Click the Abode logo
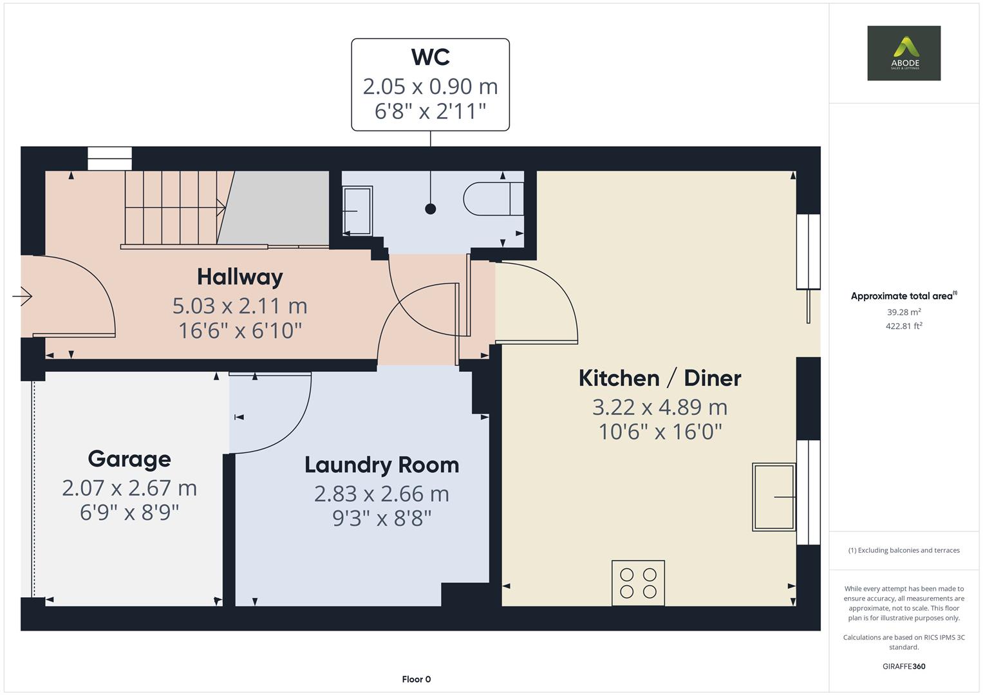pyautogui.click(x=903, y=53)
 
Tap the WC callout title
pyautogui.click(x=430, y=57)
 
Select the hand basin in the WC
pyautogui.click(x=357, y=210)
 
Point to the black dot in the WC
pyautogui.click(x=431, y=208)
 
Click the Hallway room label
pyautogui.click(x=239, y=277)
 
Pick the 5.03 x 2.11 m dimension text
pyautogui.click(x=239, y=306)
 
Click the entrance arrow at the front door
pyautogui.click(x=23, y=296)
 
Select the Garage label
pyautogui.click(x=129, y=459)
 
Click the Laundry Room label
pyautogui.click(x=382, y=465)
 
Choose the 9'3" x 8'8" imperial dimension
pyautogui.click(x=382, y=518)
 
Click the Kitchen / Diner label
pyautogui.click(x=660, y=378)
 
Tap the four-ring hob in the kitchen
pyautogui.click(x=638, y=583)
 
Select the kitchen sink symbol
pyautogui.click(x=774, y=497)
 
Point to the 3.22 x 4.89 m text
pyautogui.click(x=660, y=407)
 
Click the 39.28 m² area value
pyautogui.click(x=904, y=312)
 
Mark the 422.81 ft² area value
pyautogui.click(x=904, y=326)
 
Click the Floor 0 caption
pyautogui.click(x=416, y=679)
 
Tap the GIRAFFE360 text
pyautogui.click(x=903, y=666)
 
